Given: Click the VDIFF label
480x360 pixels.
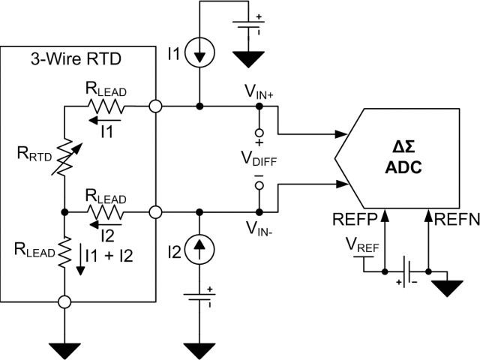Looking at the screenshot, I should point(258,159).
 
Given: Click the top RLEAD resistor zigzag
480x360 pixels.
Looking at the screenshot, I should point(104,106).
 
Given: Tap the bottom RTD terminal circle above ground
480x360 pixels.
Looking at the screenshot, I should point(65,302).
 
